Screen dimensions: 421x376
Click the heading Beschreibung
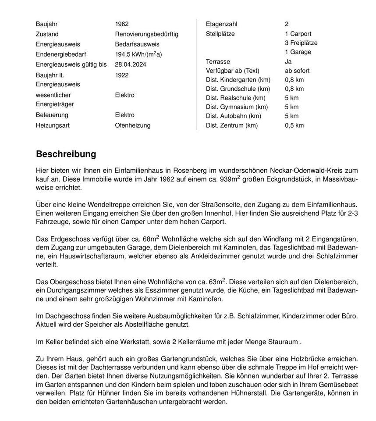pyautogui.click(x=66, y=154)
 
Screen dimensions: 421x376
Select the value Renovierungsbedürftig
pyautogui.click(x=146, y=34)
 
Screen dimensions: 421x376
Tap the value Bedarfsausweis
pyautogui.click(x=137, y=44)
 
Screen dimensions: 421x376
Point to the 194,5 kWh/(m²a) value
pyautogui.click(x=138, y=54)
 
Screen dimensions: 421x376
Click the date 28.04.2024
pyautogui.click(x=131, y=64)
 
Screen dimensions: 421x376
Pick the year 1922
pyautogui.click(x=122, y=75)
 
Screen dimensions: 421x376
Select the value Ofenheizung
pyautogui.click(x=132, y=125)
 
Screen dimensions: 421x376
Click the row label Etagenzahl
pyautogui.click(x=221, y=24)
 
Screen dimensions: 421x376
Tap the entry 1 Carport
pyautogui.click(x=298, y=34)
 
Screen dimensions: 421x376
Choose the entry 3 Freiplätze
pyautogui.click(x=301, y=43)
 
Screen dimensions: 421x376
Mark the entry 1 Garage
pyautogui.click(x=298, y=52)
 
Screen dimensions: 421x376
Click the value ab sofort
pyautogui.click(x=297, y=71)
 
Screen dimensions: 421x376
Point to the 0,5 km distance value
pyautogui.click(x=294, y=125)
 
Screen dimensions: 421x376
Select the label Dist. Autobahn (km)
pyautogui.click(x=233, y=116)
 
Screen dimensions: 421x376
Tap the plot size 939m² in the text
pyautogui.click(x=231, y=179)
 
